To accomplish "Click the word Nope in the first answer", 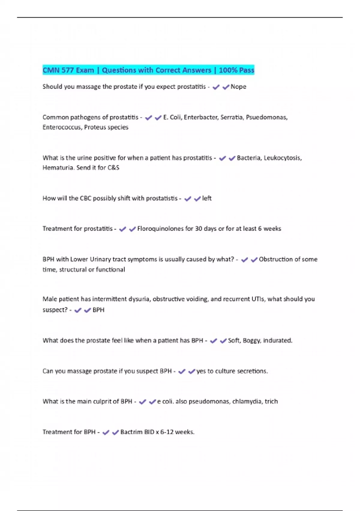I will (x=238, y=87).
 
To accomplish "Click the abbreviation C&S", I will (x=113, y=168).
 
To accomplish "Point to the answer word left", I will (x=207, y=198).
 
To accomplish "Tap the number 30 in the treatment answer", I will (x=199, y=229).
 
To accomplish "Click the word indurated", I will (x=277, y=341).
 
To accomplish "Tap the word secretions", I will (x=252, y=371).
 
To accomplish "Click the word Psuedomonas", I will (x=266, y=117).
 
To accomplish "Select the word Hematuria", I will (x=58, y=168).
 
